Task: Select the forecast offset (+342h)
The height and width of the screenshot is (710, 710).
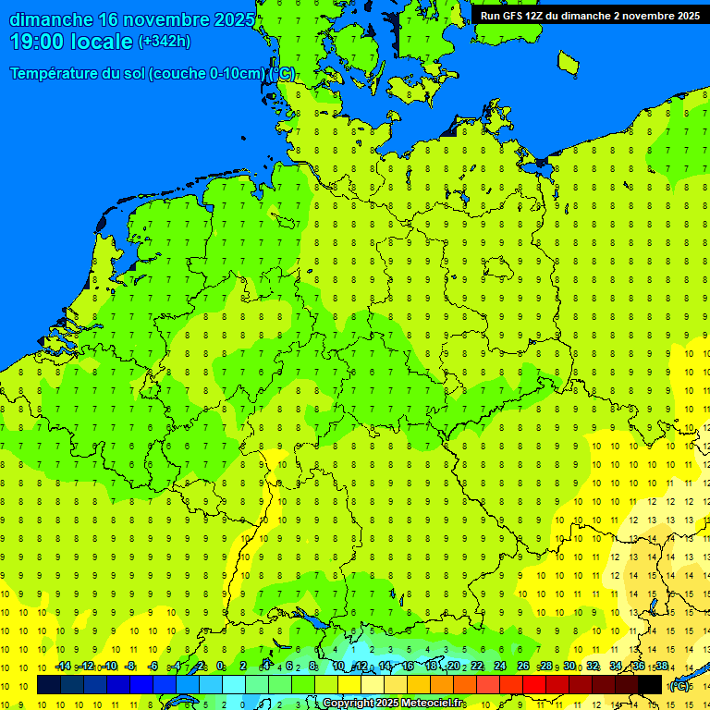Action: (164, 42)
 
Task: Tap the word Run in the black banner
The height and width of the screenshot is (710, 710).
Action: (491, 15)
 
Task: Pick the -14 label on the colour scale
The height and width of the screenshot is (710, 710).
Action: (62, 667)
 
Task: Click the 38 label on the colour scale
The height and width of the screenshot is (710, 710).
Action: (662, 667)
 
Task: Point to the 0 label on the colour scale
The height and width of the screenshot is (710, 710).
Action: (221, 667)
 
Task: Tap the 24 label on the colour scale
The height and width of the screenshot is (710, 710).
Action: (500, 667)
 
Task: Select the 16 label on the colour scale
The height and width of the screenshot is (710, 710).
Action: (408, 667)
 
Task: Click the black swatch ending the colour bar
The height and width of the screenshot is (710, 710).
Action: (650, 684)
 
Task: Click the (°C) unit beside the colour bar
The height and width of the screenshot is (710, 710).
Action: (679, 685)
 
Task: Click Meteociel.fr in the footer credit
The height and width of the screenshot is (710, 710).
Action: (433, 704)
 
